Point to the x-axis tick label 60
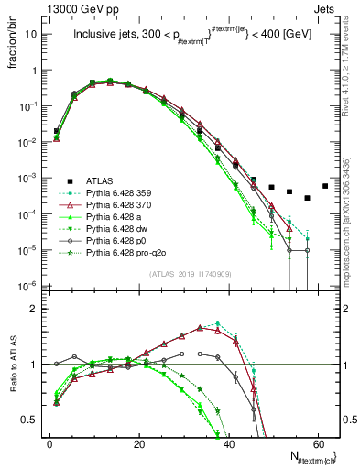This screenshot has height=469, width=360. (317, 442)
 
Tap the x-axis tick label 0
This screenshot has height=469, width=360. (49, 442)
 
